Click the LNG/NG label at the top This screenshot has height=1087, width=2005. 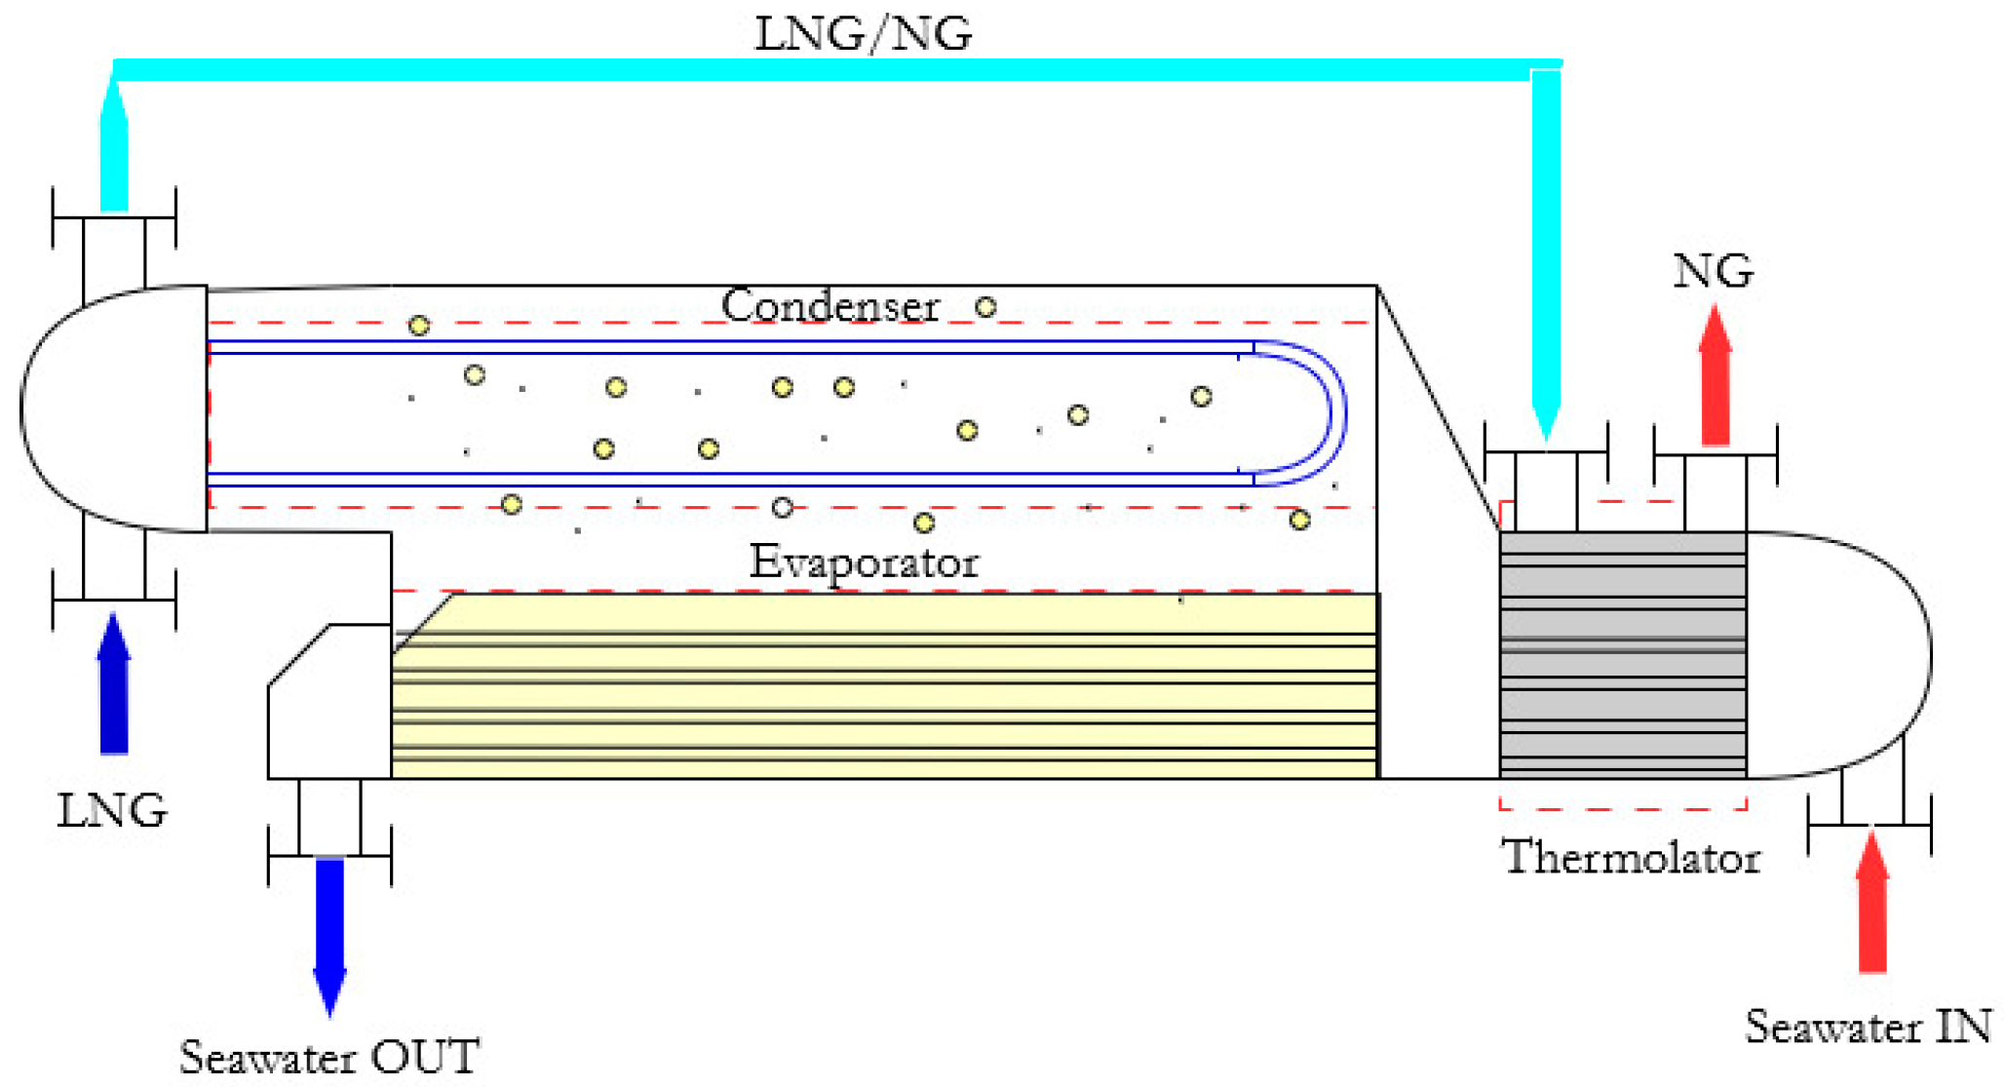click(863, 34)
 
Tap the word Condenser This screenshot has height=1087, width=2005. click(829, 306)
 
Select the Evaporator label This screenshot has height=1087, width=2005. click(864, 563)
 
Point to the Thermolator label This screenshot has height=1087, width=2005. click(1631, 858)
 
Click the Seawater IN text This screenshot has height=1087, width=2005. click(1868, 1027)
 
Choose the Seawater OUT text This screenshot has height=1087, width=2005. click(329, 1058)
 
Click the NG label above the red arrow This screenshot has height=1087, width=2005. click(1713, 271)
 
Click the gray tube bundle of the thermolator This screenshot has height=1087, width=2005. click(1622, 653)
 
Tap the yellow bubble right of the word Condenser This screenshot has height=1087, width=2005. click(985, 307)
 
